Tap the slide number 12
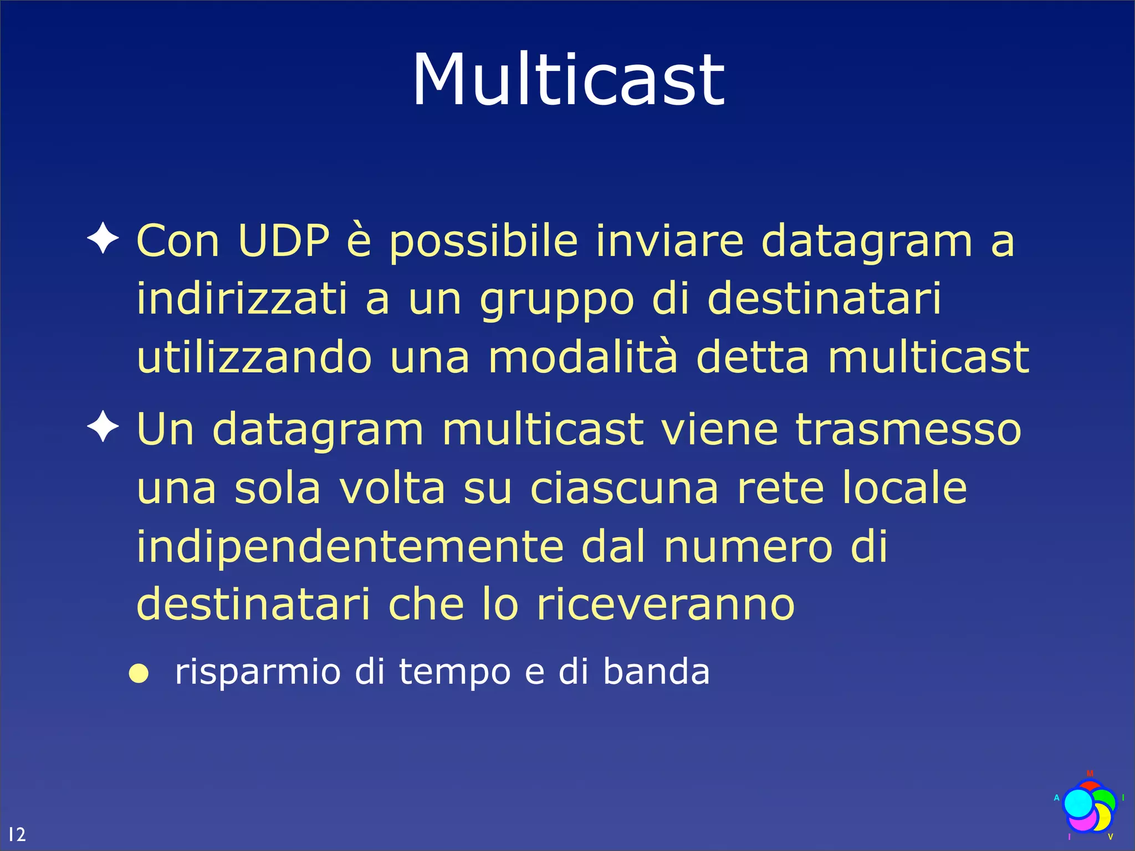coord(17,834)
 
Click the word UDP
coord(284,241)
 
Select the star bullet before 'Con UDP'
coord(103,238)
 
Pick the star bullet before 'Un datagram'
coord(103,427)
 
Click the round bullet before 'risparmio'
coord(139,674)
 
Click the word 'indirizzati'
coord(242,299)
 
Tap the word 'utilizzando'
coord(254,357)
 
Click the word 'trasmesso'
coord(908,430)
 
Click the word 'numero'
coord(748,547)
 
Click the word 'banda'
coord(656,671)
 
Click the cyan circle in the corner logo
coord(1078,803)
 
